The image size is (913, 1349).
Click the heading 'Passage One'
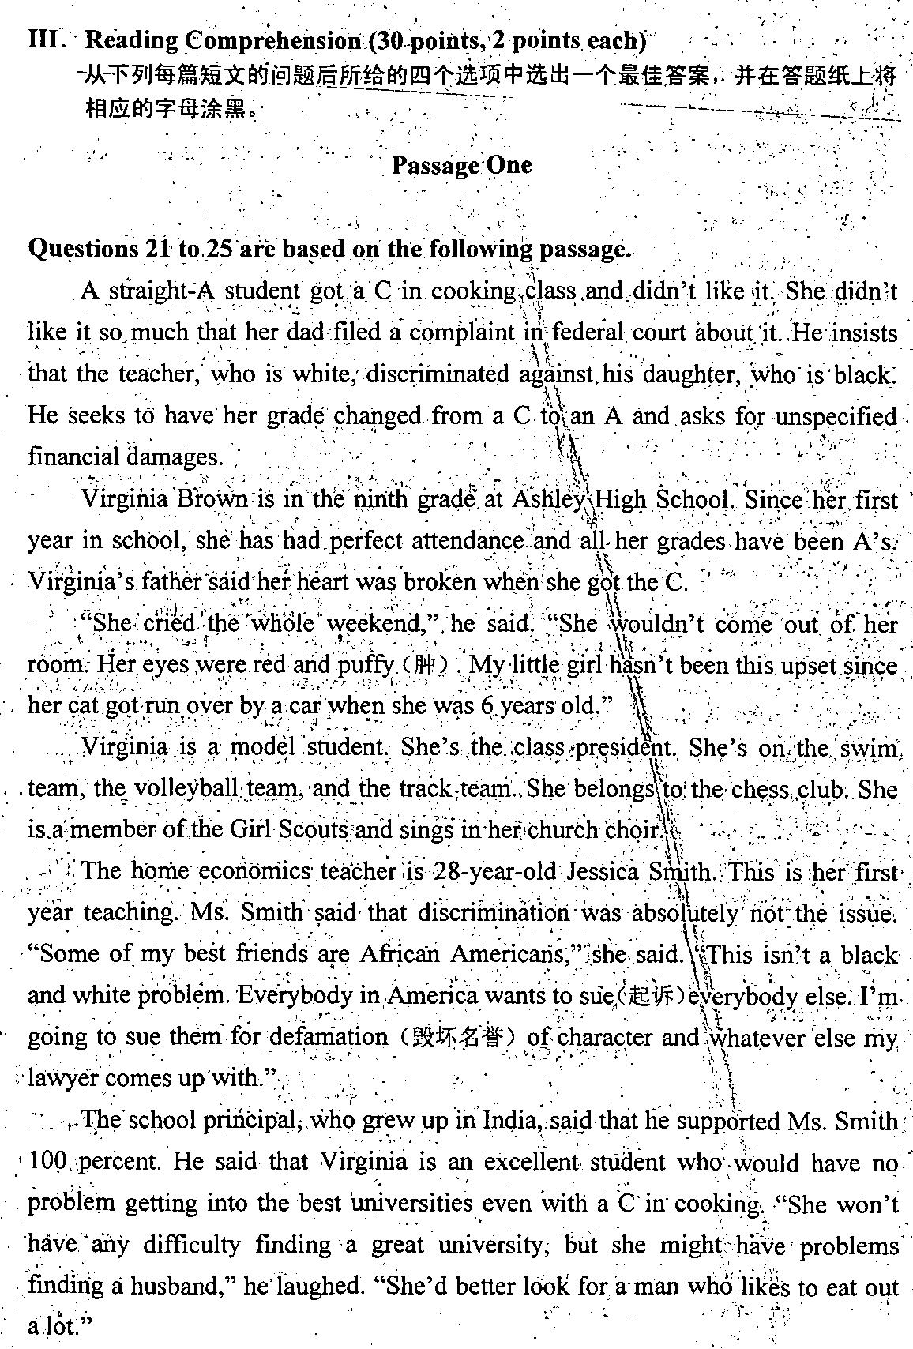coord(461,165)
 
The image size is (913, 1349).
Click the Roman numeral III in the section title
coord(45,40)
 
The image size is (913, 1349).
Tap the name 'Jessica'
coord(603,871)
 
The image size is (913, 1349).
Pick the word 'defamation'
coord(333,1037)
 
